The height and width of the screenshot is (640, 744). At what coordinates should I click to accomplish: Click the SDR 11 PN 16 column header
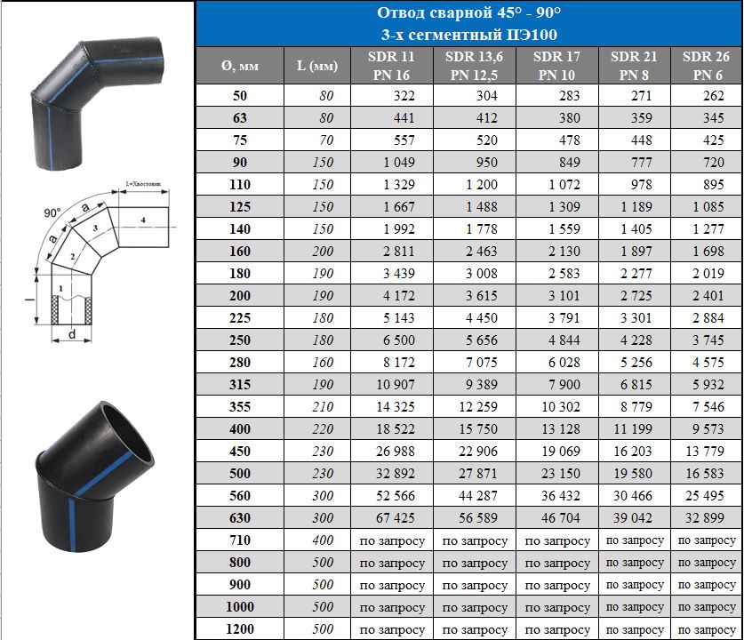pos(391,66)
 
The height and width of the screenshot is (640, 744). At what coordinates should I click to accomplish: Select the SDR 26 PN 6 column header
pos(706,66)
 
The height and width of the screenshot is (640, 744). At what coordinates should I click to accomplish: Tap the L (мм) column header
pos(317,66)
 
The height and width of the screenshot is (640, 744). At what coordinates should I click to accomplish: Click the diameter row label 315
pos(240,384)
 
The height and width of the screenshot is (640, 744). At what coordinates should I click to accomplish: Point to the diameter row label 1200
pos(240,629)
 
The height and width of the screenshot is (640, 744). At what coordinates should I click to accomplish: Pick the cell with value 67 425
pos(396,517)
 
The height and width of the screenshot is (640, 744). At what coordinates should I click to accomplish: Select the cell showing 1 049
pos(399,163)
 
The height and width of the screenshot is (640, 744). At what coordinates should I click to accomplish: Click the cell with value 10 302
pos(560,406)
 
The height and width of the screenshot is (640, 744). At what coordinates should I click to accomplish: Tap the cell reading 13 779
pos(705,452)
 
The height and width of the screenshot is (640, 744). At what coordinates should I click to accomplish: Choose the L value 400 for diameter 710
pos(323,540)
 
